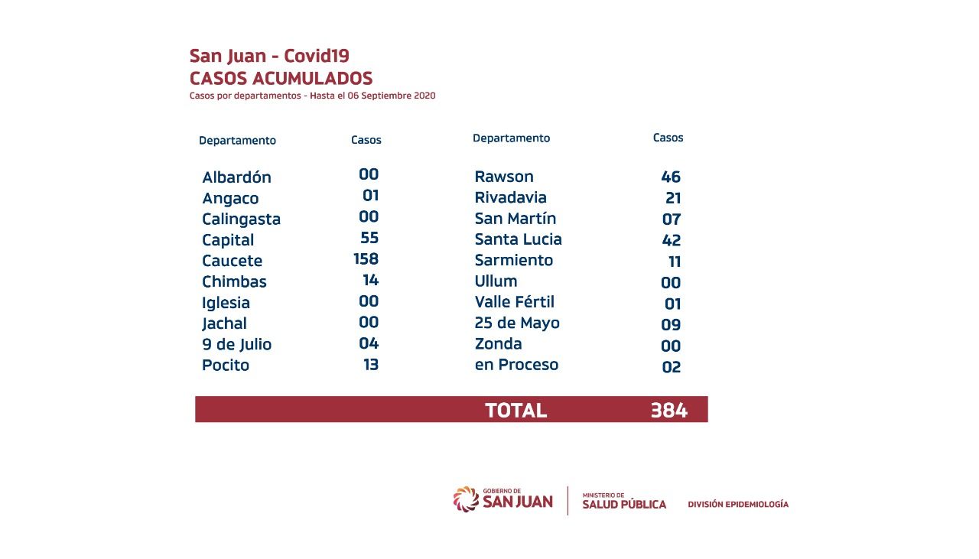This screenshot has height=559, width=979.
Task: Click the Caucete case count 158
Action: coord(366,259)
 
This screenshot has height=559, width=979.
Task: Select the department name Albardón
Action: coord(236,177)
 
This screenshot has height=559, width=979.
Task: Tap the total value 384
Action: coord(668,411)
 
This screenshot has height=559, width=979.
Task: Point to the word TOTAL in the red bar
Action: coord(516,411)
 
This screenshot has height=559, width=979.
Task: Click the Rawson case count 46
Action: coord(671,177)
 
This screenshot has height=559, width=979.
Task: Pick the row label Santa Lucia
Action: coord(518,239)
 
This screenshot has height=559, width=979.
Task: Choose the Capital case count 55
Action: coord(369,238)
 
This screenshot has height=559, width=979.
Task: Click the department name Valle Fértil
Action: coord(514,302)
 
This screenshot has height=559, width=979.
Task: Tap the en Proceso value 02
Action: coord(671,366)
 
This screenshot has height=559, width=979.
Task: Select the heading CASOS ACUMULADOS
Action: coord(281,78)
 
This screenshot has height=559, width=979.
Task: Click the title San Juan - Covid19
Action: coord(269,56)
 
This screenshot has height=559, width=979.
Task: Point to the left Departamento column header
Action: coord(237,141)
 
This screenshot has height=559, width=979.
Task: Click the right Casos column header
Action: coord(668,138)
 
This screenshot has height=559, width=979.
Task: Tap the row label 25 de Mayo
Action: coord(517,323)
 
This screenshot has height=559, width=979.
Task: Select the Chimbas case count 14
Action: coord(371,280)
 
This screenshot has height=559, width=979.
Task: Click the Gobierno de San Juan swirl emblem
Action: coord(466,499)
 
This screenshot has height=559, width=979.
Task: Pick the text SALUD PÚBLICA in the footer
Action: coord(624,504)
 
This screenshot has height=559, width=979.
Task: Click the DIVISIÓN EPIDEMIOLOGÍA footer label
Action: coord(737,505)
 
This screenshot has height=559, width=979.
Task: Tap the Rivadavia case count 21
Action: coord(673,198)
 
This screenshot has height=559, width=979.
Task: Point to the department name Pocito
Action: coord(226,365)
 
